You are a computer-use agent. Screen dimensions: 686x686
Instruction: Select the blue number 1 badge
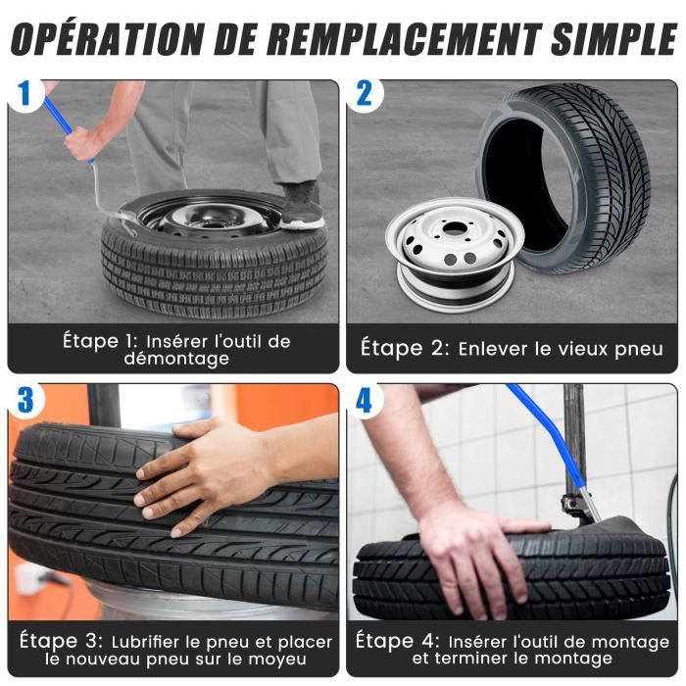coord(24,95)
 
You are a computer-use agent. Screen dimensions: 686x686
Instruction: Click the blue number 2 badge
coord(364,95)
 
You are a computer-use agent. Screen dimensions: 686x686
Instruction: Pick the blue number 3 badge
coord(24,400)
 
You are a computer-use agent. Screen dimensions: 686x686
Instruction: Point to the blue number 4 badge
coord(364,400)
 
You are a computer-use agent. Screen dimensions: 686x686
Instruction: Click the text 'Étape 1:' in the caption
coord(95,341)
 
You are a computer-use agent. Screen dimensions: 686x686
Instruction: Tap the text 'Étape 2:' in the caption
coord(403,347)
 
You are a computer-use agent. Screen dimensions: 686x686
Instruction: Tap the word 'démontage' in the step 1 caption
coord(175,359)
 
